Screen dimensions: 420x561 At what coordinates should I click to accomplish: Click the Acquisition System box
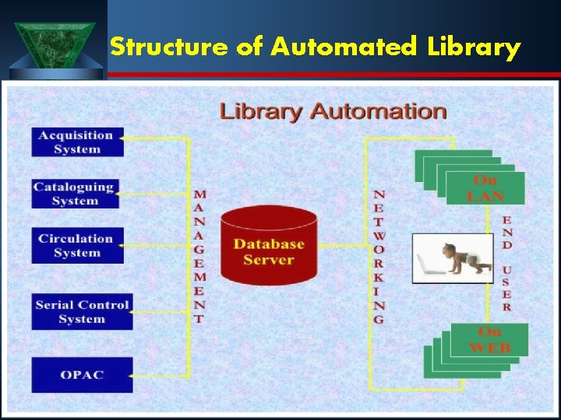(x=77, y=142)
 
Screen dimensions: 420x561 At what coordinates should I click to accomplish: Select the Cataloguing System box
(x=75, y=194)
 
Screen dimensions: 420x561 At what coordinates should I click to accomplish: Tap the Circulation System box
(x=77, y=246)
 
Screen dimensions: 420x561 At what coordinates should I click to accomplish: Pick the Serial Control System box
(x=82, y=311)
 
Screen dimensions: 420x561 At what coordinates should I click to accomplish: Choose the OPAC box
(x=82, y=375)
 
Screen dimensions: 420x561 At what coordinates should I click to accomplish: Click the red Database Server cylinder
(x=268, y=246)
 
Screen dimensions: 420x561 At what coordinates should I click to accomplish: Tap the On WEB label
(x=490, y=340)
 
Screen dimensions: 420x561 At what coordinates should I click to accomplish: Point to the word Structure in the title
(x=168, y=48)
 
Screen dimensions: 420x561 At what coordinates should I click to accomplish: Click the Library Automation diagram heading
(x=333, y=111)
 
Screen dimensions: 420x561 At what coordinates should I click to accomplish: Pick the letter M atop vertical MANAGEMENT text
(x=200, y=194)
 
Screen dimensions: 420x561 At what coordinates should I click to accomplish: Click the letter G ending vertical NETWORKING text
(x=379, y=319)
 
